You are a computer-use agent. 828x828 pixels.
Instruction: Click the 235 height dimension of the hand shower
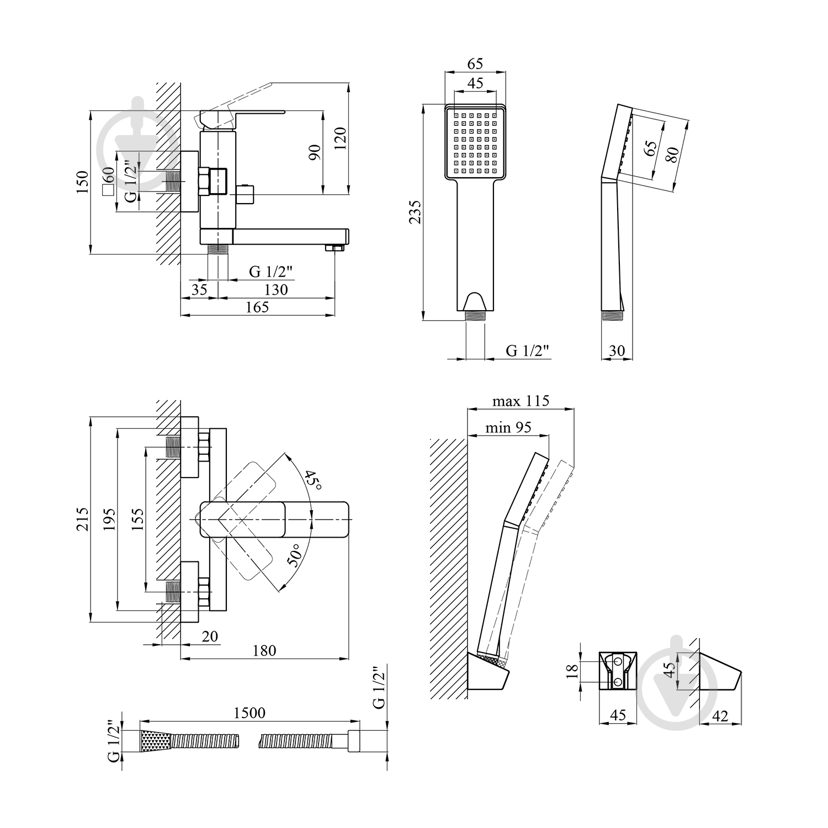click(x=416, y=211)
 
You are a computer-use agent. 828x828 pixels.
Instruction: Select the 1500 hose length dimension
click(x=250, y=713)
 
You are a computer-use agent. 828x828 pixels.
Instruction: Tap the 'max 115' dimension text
click(x=521, y=401)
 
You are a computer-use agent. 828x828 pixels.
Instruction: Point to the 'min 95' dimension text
click(x=508, y=427)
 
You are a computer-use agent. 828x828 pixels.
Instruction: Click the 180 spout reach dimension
click(x=264, y=650)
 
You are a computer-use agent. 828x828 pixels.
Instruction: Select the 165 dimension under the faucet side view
click(x=257, y=307)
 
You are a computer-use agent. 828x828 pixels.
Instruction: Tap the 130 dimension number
click(x=276, y=289)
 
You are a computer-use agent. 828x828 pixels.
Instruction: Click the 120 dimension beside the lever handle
click(x=340, y=139)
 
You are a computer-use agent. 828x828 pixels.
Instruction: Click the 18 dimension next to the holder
click(x=572, y=671)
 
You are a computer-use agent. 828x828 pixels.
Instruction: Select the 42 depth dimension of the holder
click(x=720, y=716)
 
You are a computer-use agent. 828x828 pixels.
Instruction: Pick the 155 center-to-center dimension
click(x=137, y=519)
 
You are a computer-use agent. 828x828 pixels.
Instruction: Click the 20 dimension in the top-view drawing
click(x=209, y=636)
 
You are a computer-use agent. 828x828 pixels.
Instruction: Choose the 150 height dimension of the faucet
click(x=82, y=182)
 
